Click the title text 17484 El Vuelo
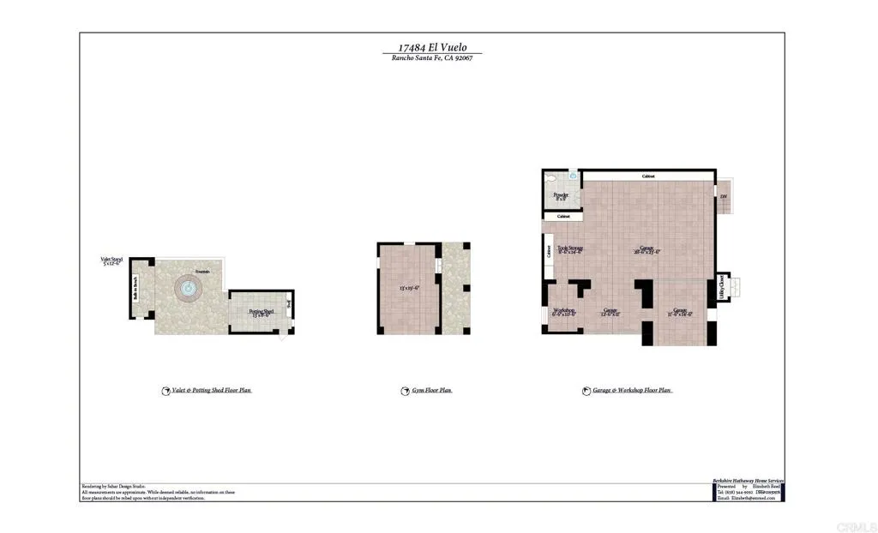pos(432,48)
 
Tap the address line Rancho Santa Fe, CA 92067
pos(432,58)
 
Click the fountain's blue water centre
pos(186,289)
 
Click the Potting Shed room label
pos(261,313)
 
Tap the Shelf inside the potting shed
pos(289,304)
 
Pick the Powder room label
pos(561,196)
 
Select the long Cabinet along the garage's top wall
pos(648,177)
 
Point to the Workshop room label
pos(563,312)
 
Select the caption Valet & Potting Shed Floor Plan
pos(211,391)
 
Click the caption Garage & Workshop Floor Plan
pos(632,391)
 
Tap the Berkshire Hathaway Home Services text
pos(748,482)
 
